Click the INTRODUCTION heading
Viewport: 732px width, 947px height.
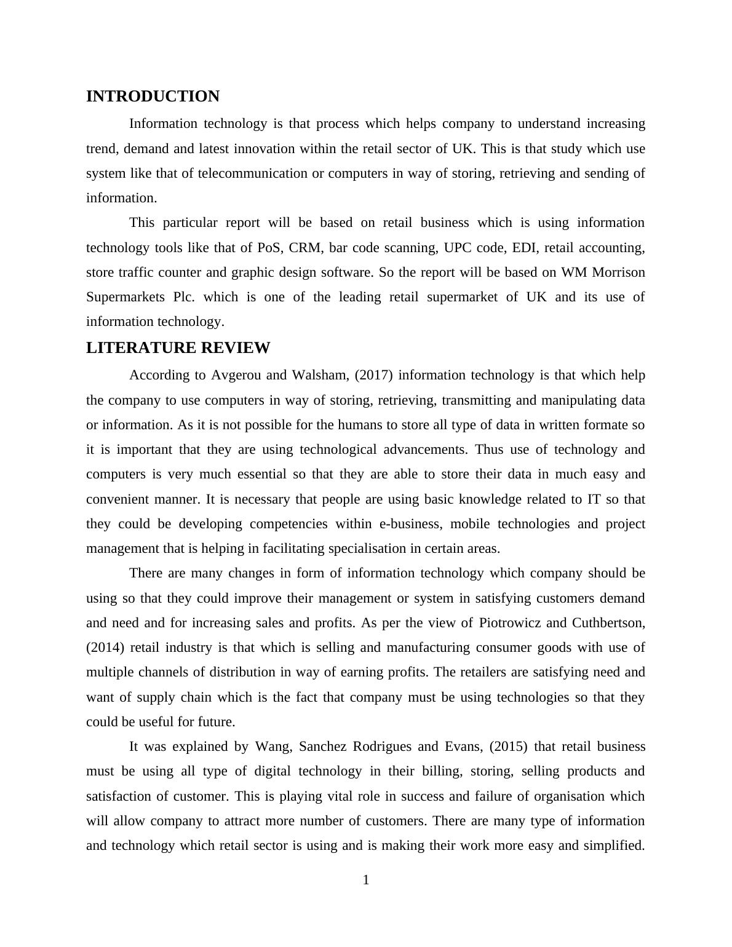coord(153,97)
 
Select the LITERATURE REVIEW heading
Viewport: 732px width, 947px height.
coord(178,348)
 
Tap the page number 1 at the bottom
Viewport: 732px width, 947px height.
coord(366,881)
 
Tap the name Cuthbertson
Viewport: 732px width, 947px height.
coord(608,623)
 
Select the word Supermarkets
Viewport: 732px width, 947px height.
coord(125,297)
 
